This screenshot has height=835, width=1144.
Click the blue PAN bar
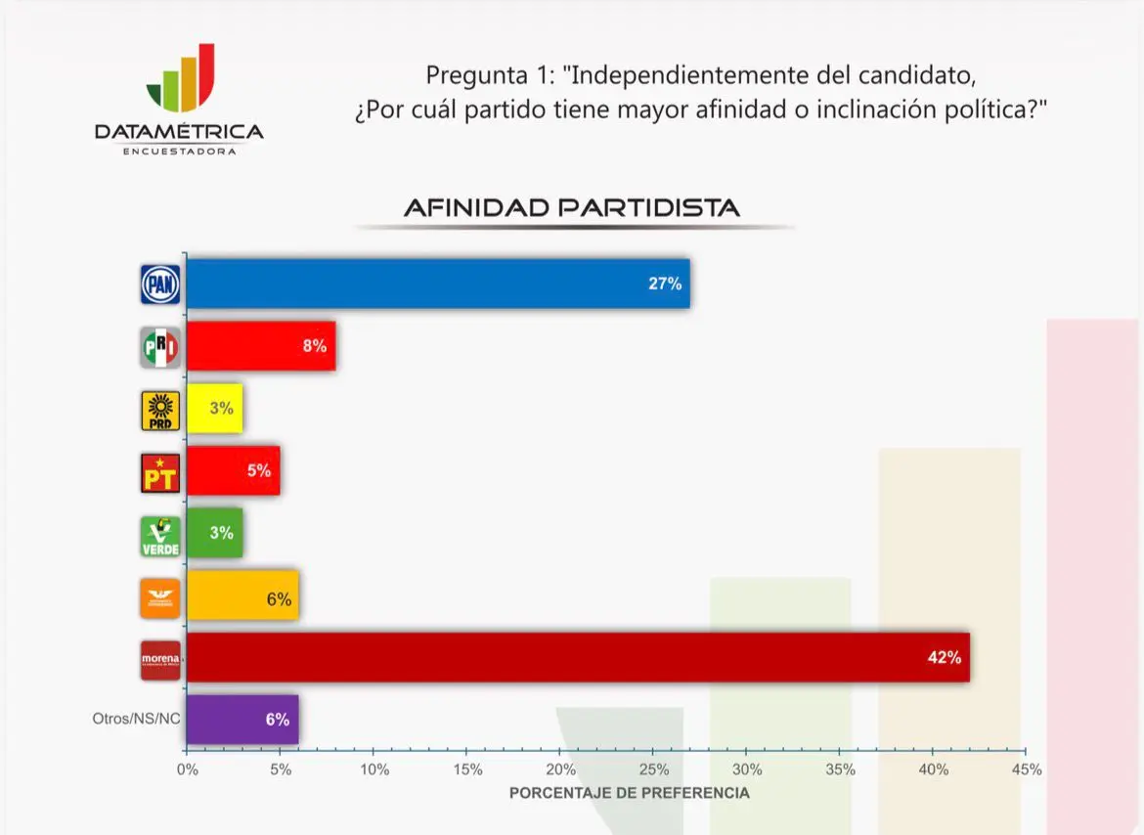[x=438, y=284]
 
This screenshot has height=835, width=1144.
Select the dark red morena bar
[x=577, y=657]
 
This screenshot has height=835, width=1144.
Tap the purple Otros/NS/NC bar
[x=242, y=719]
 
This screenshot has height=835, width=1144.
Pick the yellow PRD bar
[x=214, y=409]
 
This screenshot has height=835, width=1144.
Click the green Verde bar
[x=214, y=533]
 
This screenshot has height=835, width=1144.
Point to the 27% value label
[x=665, y=284]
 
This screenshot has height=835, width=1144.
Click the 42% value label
[x=945, y=657]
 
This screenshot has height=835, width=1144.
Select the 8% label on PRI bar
[x=314, y=346]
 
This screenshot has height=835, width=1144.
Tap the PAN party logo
[x=159, y=285]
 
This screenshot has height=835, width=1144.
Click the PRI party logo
[x=159, y=347]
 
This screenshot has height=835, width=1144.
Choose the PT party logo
[x=159, y=472]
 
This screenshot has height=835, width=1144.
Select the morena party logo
[x=160, y=659]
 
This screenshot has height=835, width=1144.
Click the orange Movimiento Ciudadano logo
[x=159, y=597]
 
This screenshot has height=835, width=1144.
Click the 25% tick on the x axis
[x=654, y=769]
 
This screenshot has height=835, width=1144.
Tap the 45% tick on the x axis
[x=1027, y=769]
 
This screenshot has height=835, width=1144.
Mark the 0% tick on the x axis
[x=187, y=769]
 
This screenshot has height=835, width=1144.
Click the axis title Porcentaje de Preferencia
[x=630, y=793]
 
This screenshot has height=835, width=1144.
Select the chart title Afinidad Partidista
[x=572, y=208]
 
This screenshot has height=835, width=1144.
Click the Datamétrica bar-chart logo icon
[x=181, y=78]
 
